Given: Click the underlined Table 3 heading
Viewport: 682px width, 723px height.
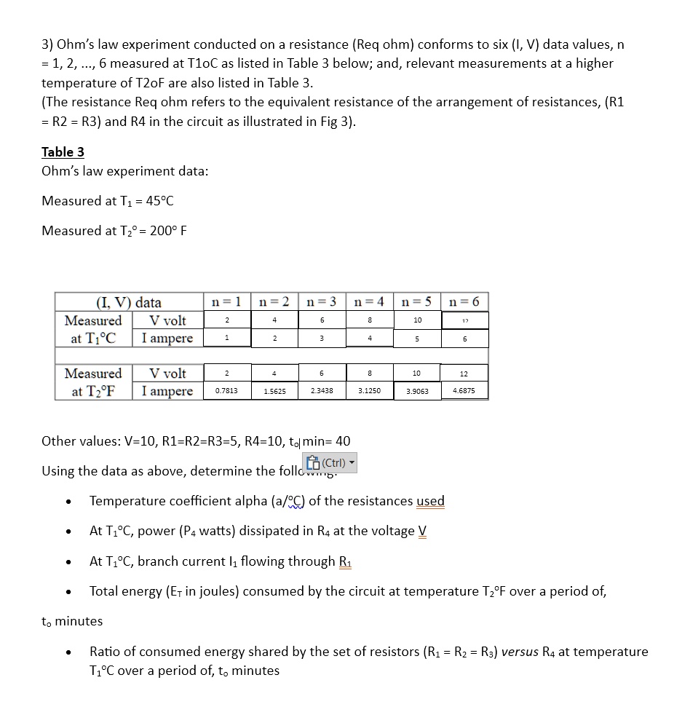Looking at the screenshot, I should pos(63,151).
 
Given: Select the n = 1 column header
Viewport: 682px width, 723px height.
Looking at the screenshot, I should pos(226,301).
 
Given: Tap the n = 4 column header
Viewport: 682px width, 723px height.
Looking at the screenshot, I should pos(369,301).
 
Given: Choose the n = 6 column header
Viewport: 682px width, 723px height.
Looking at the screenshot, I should pos(464,301).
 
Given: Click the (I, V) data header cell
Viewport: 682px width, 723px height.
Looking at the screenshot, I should pos(129,302).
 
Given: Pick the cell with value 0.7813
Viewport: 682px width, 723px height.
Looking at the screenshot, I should pos(226,391).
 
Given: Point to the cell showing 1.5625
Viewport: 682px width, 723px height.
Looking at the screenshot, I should pos(274,391).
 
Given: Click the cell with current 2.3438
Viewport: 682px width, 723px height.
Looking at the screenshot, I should pos(322,391).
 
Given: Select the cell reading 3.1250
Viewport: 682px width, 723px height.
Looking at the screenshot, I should pos(369,391).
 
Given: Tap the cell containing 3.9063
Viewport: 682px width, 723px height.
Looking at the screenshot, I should pos(417,391).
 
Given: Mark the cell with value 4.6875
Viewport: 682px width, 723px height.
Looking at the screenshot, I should pos(464,391).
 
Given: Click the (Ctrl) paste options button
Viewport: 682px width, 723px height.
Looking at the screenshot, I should pos(330,463).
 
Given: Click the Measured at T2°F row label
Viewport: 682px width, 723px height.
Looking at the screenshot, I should pos(93,382).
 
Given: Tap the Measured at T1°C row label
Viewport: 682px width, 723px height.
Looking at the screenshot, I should pos(93,329).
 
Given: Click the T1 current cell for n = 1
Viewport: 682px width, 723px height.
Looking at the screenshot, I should pos(226,338).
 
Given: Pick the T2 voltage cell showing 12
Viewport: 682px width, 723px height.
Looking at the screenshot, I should pos(464,374).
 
